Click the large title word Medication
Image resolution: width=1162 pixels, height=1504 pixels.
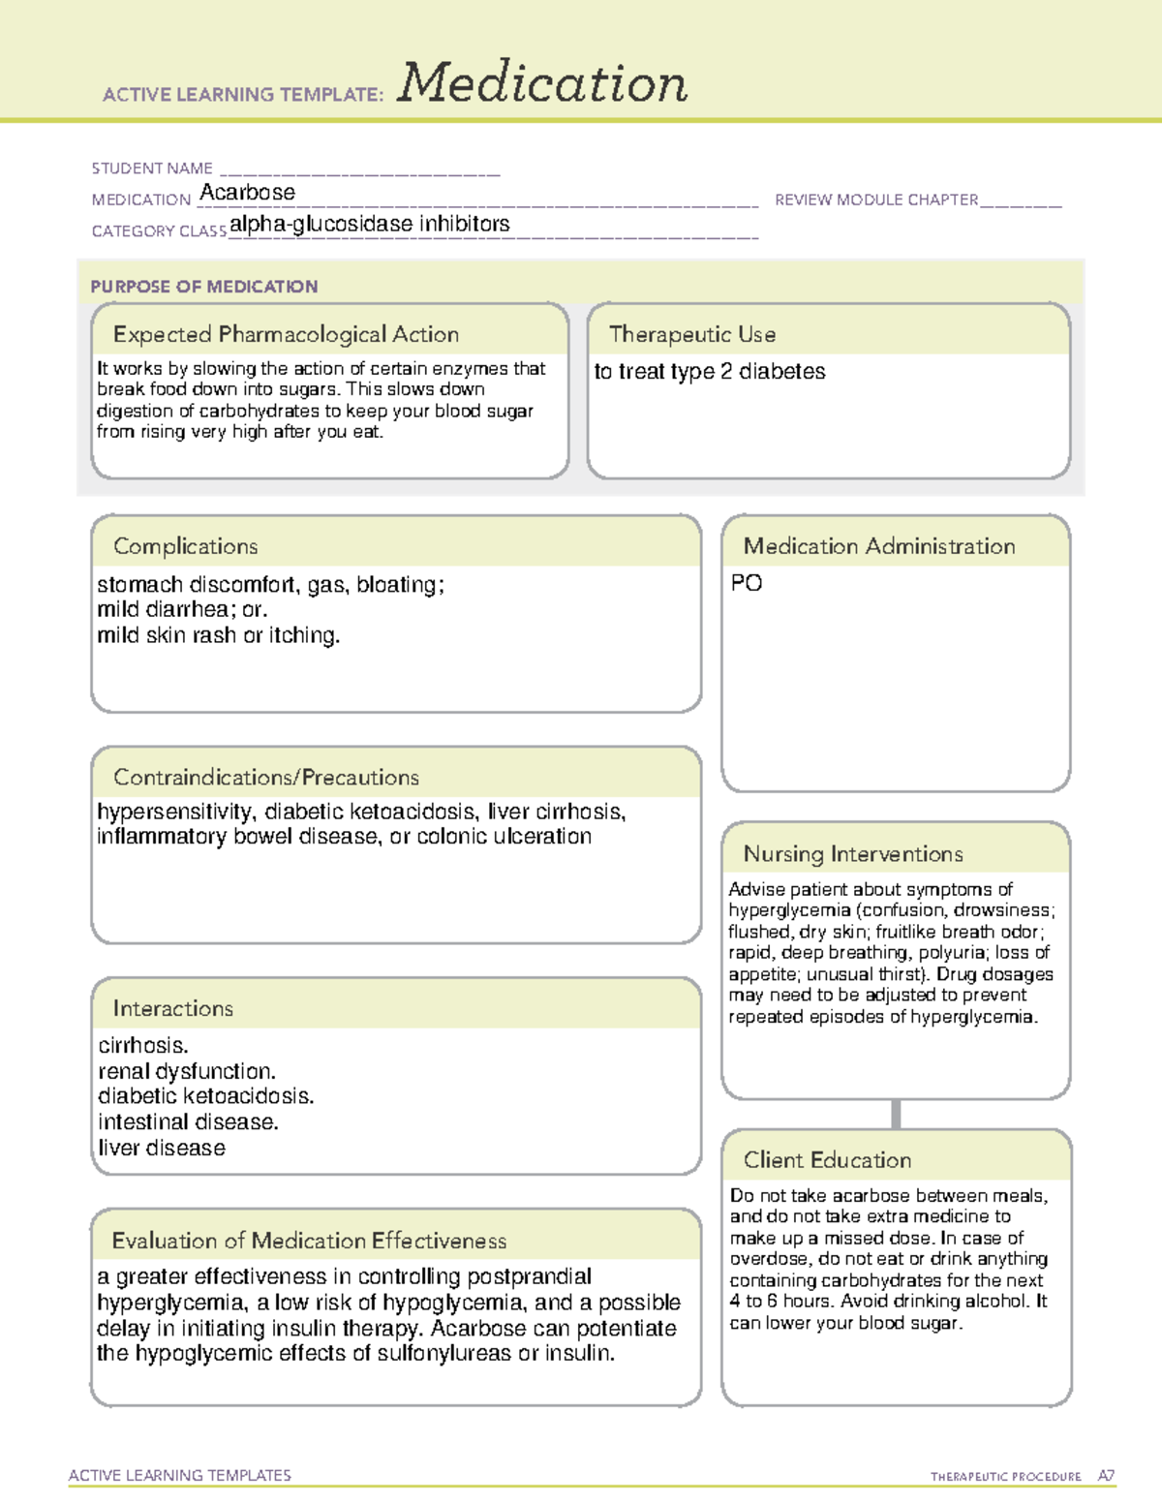coord(542,83)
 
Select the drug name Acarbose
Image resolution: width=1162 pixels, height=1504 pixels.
coord(247,193)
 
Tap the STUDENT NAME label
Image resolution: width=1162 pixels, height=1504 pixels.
coord(152,169)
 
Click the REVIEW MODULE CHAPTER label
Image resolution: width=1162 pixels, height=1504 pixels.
coord(876,200)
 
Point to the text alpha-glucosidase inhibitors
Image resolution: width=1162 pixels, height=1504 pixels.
coord(369,224)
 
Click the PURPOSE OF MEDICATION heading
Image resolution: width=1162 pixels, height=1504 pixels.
coord(203,287)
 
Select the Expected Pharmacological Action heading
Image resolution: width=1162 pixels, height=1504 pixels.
coord(286,334)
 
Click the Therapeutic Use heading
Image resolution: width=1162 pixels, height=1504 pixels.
coord(691,334)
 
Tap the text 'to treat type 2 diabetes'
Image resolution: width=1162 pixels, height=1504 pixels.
coord(709,372)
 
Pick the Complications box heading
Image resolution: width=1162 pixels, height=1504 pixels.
coord(185,546)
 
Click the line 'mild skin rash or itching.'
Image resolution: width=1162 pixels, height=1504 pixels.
coord(218,635)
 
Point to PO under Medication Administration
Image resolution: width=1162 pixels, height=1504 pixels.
coord(746,583)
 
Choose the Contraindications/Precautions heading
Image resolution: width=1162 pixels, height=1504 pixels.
coord(265,778)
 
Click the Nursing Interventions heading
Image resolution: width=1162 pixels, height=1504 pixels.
coord(852,854)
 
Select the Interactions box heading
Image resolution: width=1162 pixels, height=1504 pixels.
coord(172,1009)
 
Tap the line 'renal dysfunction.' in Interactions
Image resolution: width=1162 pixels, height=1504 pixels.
coord(186,1071)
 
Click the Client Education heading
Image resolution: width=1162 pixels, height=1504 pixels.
coord(827,1160)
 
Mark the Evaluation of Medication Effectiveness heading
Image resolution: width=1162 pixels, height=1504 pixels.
coord(309,1241)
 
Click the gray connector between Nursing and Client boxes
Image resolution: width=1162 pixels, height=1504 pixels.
coord(896,1114)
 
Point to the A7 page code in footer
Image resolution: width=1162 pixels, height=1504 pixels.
coord(1106,1476)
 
